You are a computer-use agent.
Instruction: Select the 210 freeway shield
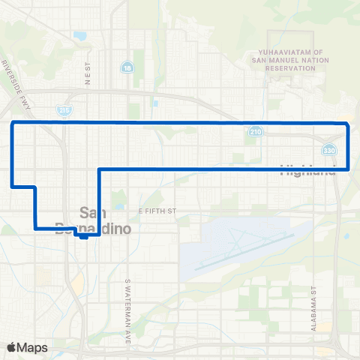[256, 132]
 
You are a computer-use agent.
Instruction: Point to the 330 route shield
[328, 148]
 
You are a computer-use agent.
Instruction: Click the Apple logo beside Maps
[11, 347]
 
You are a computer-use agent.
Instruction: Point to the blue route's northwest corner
[12, 121]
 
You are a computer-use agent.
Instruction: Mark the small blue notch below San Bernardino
[85, 235]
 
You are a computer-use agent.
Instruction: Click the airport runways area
[240, 244]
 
